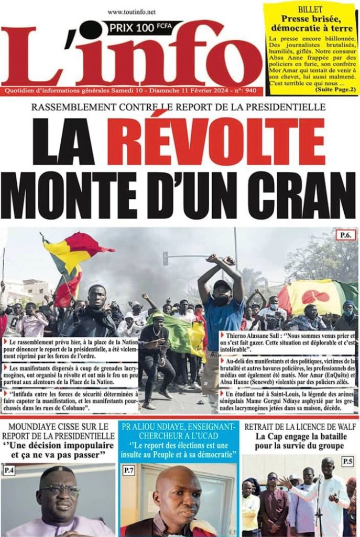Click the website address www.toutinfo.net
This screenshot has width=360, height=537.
point(132,12)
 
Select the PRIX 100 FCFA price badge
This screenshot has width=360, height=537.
point(141,27)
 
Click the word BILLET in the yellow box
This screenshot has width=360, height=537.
point(311,10)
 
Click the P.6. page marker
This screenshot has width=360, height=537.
point(345,235)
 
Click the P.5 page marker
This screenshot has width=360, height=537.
point(347,461)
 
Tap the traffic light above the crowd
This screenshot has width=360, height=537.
point(166,258)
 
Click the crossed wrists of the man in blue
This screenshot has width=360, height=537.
point(221,260)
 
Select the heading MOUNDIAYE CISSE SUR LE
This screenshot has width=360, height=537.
point(58,426)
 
